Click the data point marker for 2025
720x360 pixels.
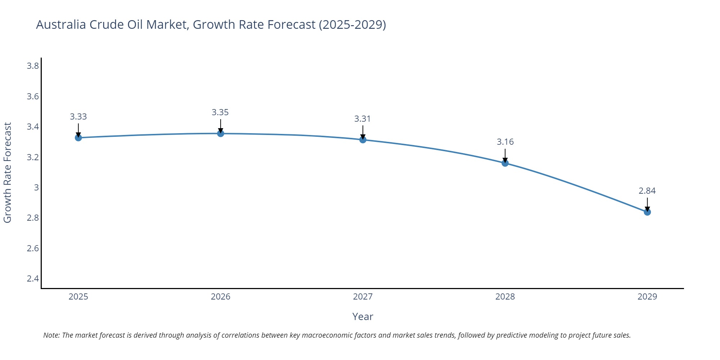click(x=78, y=138)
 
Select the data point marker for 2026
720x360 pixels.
click(x=221, y=134)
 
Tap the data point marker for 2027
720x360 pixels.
click(x=363, y=140)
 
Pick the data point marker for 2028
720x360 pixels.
click(x=505, y=163)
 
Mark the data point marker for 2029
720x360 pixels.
click(x=647, y=212)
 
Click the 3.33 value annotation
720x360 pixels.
click(x=78, y=117)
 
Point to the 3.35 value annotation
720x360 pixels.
click(x=220, y=112)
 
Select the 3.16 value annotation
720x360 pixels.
click(x=505, y=142)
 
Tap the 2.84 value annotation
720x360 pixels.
click(x=647, y=191)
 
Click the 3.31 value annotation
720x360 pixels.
click(x=362, y=119)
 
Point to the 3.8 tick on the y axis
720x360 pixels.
click(x=33, y=66)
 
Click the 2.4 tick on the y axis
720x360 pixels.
click(x=33, y=279)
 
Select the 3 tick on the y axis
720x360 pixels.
click(x=36, y=188)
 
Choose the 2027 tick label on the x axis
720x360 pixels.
click(x=363, y=297)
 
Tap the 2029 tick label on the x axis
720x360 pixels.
click(x=647, y=297)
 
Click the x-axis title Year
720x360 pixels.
click(x=363, y=316)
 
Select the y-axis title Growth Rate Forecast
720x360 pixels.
click(x=8, y=172)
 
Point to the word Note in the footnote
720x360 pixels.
click(x=51, y=335)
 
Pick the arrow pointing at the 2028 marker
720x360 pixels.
click(x=505, y=156)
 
